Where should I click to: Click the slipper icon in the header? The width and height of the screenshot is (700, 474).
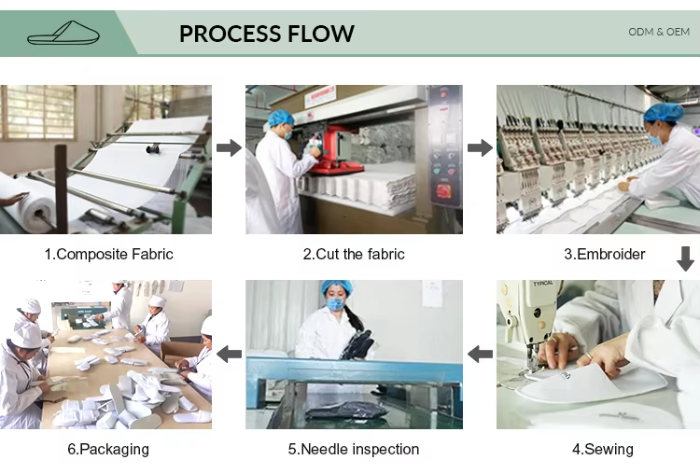click(63, 33)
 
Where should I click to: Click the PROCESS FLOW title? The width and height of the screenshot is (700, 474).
click(267, 34)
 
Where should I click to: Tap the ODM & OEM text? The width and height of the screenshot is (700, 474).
click(659, 32)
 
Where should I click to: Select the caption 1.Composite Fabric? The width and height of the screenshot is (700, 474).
click(108, 255)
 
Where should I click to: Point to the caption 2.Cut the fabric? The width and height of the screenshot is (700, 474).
click(354, 255)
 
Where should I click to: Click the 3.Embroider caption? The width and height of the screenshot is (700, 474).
click(605, 255)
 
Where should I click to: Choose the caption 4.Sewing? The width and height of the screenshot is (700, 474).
click(603, 449)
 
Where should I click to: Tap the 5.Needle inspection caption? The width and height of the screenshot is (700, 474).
click(354, 449)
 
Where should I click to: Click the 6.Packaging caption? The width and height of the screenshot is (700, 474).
click(108, 449)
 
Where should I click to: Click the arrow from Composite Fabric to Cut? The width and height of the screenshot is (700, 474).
click(229, 147)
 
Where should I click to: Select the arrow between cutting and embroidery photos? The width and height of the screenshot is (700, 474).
click(480, 147)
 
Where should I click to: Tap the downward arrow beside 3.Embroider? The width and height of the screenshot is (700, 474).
click(685, 258)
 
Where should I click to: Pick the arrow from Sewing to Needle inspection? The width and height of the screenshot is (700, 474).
click(480, 355)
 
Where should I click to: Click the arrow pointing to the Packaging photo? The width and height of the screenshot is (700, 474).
click(229, 355)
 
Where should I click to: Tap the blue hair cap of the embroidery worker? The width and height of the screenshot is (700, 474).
click(664, 112)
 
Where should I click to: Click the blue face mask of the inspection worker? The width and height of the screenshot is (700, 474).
click(336, 304)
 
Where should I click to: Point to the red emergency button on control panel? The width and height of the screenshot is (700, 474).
click(442, 190)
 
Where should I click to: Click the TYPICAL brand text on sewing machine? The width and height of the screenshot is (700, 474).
click(543, 284)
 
